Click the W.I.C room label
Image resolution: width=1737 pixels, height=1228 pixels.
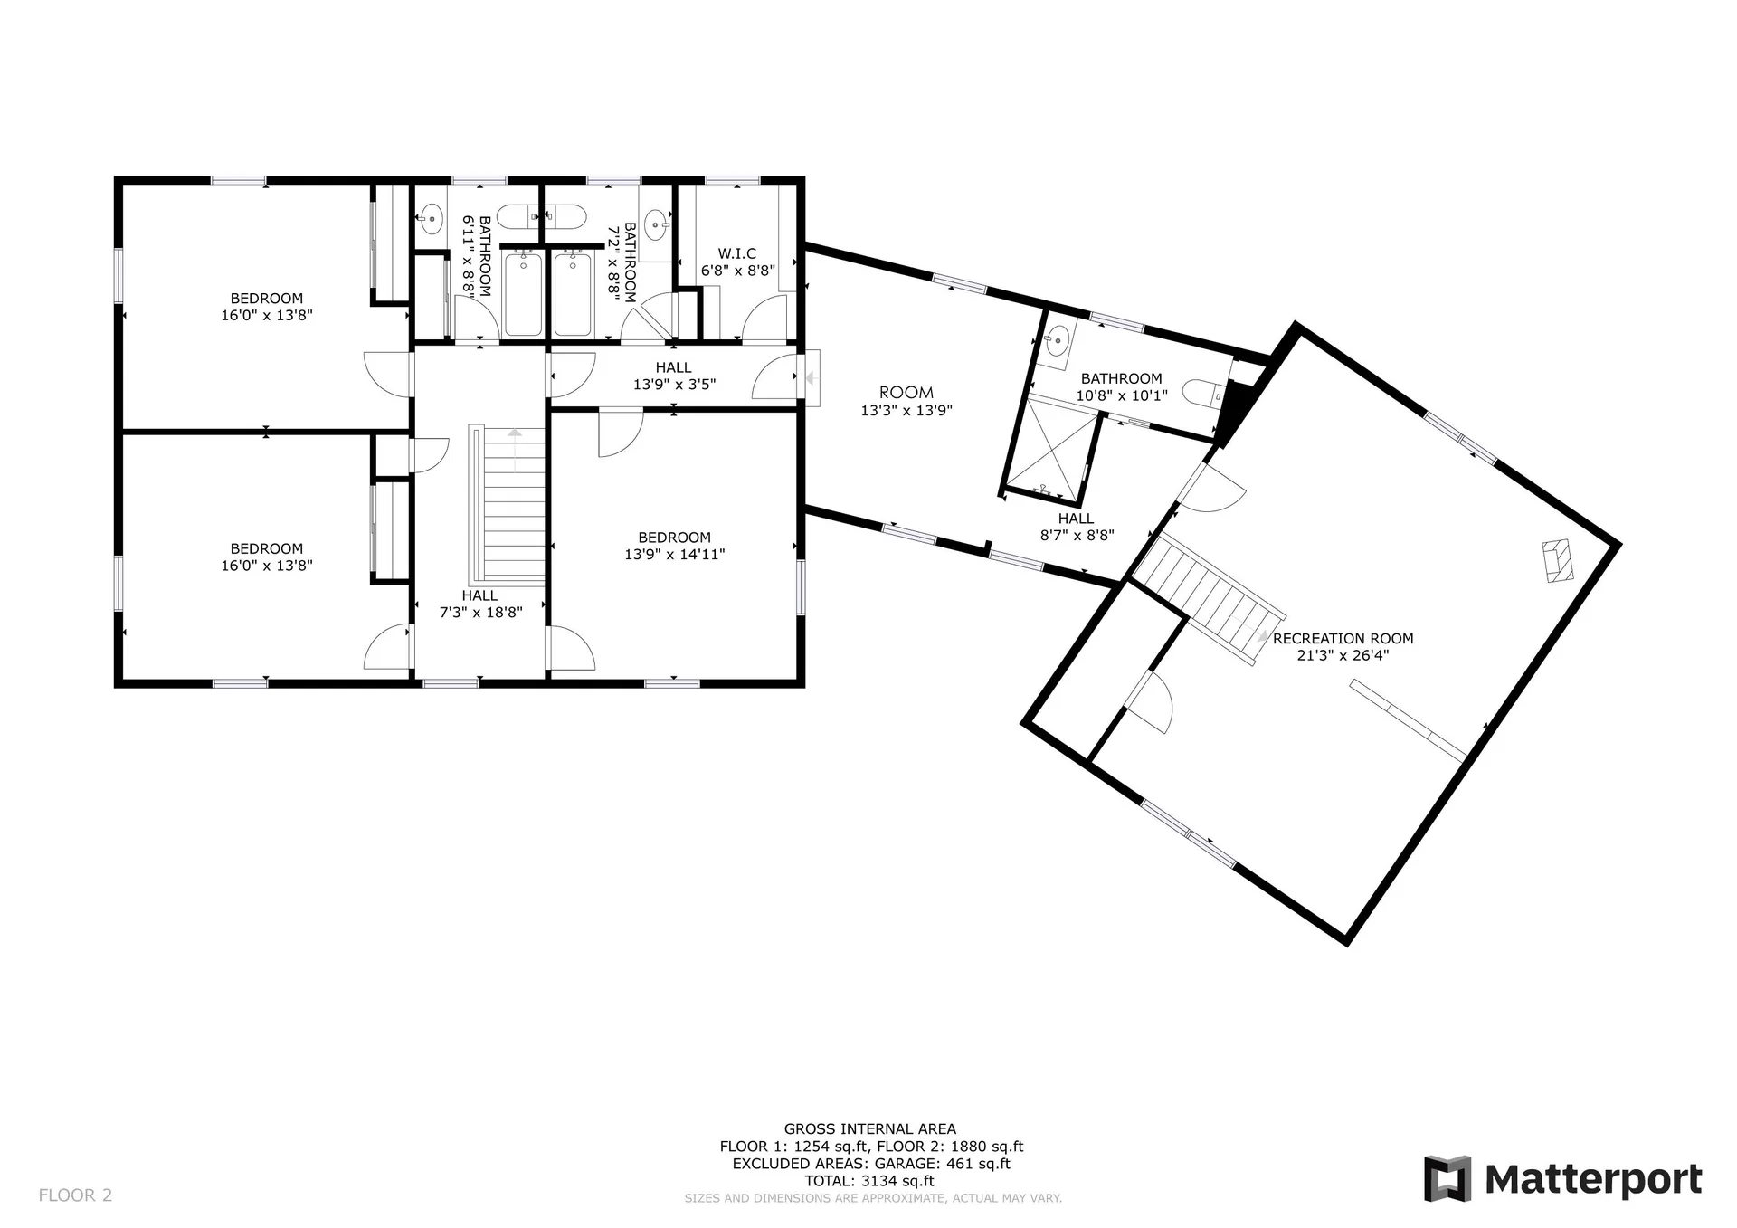pos(737,253)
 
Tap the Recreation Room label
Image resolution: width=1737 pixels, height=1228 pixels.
pos(1343,639)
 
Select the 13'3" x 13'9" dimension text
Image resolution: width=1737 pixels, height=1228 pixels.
pos(906,410)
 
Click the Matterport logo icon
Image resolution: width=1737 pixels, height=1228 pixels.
pos(1447,1179)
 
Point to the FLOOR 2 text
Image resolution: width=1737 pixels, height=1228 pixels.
pos(75,1195)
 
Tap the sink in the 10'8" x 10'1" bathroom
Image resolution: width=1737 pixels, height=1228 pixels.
pos(1056,342)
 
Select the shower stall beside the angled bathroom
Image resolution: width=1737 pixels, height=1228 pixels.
pos(1052,450)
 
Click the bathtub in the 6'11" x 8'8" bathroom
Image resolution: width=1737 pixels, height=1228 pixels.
pos(523,295)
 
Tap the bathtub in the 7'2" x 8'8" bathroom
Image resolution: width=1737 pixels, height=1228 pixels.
pos(573,295)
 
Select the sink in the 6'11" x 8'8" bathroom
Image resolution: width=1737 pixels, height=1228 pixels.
pos(432,217)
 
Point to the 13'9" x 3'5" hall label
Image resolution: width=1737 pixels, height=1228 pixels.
pos(674,376)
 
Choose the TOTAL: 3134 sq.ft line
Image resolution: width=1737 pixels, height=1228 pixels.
pos(869,1181)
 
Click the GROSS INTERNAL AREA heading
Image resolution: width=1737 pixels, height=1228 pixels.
pos(869,1129)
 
